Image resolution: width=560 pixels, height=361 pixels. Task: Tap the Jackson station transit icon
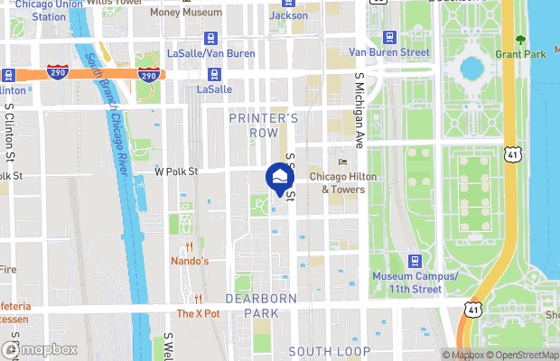tap(275, 15)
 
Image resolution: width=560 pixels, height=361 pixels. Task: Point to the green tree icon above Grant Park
tap(520, 40)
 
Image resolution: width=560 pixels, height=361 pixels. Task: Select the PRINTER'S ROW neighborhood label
tap(263, 125)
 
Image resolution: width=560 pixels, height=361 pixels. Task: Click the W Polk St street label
tap(175, 170)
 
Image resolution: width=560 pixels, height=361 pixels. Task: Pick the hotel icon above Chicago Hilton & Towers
tap(341, 162)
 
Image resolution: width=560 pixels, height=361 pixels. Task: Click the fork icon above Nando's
tap(190, 246)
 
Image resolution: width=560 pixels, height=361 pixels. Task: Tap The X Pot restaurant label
tap(198, 314)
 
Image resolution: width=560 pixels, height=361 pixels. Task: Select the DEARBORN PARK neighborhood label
tap(267, 306)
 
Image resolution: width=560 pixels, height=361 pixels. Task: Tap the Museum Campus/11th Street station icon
tap(415, 261)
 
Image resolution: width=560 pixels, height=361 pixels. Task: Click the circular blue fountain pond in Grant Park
tap(471, 68)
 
